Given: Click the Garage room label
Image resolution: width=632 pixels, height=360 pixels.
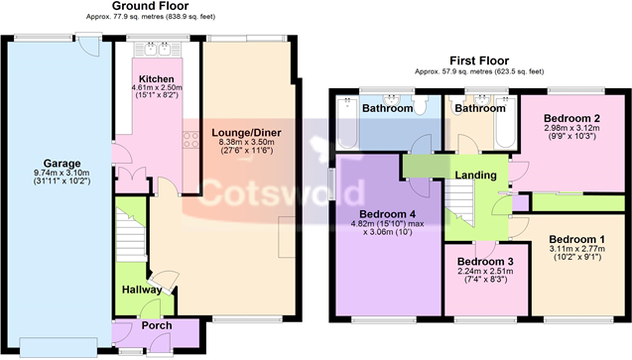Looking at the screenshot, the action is tap(62, 164).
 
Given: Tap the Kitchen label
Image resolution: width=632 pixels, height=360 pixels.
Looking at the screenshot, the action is tap(157, 79).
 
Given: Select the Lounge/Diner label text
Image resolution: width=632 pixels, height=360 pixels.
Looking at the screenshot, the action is tap(246, 133).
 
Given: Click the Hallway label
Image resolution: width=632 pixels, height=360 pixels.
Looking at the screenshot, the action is tap(142, 290).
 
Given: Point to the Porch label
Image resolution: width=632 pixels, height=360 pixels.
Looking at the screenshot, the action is tap(157, 325).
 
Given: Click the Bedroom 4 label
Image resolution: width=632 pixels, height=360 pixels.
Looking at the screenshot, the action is tap(387, 214).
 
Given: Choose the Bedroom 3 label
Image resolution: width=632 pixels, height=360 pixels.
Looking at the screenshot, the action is tap(486, 262).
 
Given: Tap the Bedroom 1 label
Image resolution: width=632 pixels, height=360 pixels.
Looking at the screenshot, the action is tap(577, 240).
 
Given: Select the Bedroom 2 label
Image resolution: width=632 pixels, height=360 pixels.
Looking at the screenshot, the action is tap(571, 118).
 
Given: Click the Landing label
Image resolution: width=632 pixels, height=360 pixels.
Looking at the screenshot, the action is tap(475, 176).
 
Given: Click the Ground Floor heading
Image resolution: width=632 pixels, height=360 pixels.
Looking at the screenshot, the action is tap(151, 6).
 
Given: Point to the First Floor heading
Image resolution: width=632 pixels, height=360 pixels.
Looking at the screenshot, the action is tap(479, 60).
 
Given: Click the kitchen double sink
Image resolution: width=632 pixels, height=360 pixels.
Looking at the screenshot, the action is tap(158, 50).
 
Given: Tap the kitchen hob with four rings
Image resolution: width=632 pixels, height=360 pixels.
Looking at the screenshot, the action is tap(191, 140).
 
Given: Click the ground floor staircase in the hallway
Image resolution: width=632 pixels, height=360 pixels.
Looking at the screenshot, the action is tap(131, 234).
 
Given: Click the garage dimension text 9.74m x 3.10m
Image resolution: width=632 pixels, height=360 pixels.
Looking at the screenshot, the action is tap(62, 173).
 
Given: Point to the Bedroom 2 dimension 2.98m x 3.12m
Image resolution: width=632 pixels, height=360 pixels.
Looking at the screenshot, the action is tap(571, 128).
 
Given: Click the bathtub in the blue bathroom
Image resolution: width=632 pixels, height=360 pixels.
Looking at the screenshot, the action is tap(347, 122).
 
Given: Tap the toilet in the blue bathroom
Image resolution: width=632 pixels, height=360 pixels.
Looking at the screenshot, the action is tap(420, 105).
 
